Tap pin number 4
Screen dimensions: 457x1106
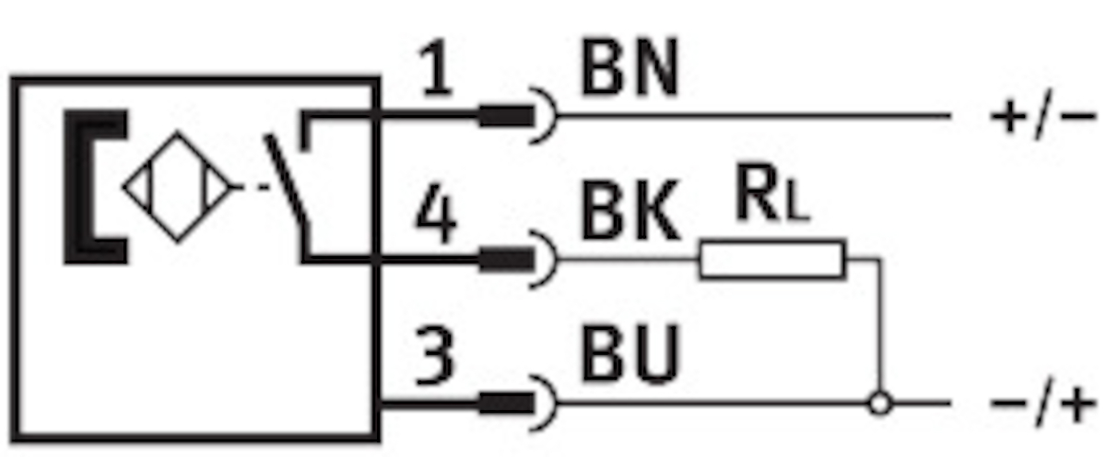(x=434, y=217)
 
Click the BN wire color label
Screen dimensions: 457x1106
(x=629, y=72)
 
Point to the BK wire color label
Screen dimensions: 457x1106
(x=629, y=217)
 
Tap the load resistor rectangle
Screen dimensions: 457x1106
(x=771, y=259)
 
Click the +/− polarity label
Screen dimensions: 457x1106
(x=1042, y=118)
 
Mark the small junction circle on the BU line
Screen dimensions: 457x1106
(x=882, y=404)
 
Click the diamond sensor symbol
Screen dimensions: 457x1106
(x=178, y=187)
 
